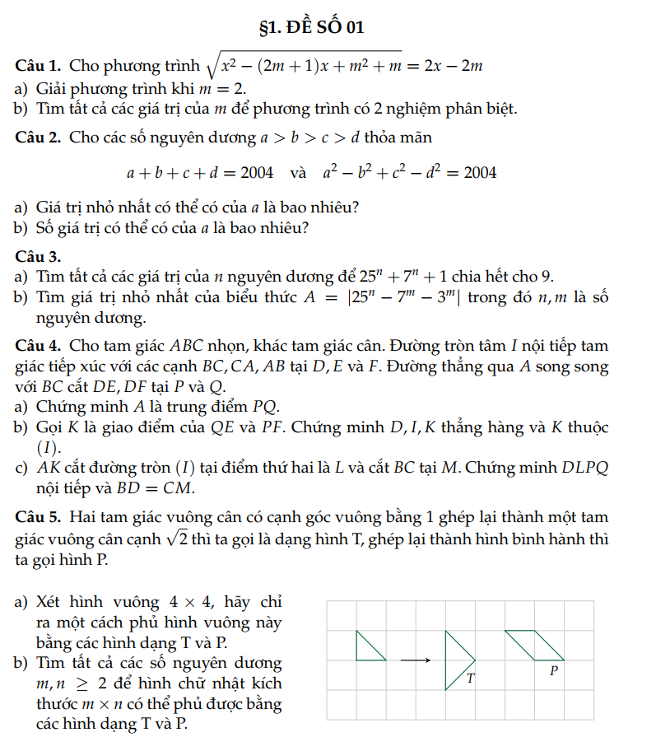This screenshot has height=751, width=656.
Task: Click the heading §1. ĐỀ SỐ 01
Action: [312, 27]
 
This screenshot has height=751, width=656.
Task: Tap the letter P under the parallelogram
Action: [554, 671]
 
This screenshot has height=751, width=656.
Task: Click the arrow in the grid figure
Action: [416, 660]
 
